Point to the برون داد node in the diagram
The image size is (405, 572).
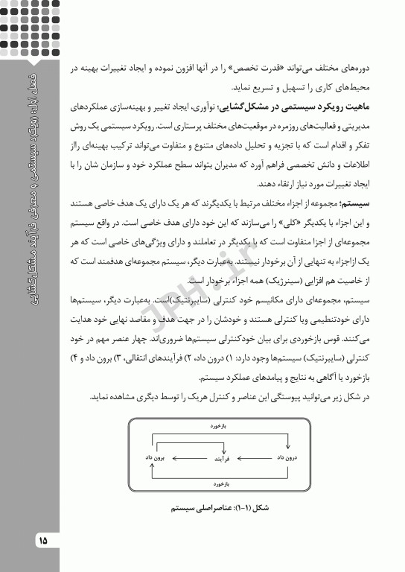pos(159,456)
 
